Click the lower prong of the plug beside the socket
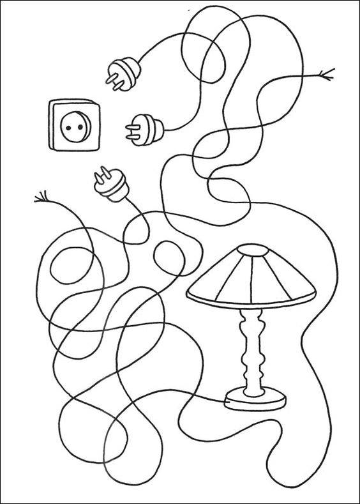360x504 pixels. (130, 135)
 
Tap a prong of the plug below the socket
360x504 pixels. (100, 173)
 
